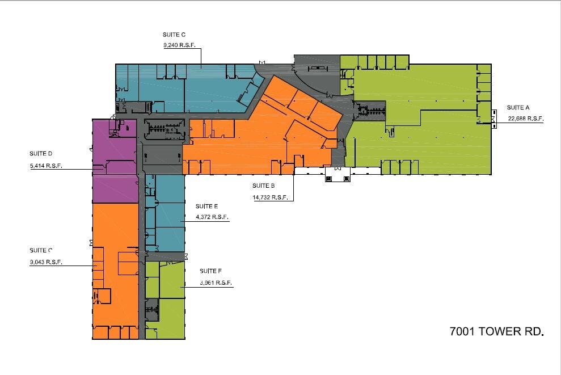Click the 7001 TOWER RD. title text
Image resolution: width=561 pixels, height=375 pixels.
point(496,331)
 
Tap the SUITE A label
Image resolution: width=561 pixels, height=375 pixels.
point(518,108)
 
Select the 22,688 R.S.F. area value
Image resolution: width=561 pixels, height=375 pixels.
point(518,119)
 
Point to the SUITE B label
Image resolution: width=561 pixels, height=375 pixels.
point(264,186)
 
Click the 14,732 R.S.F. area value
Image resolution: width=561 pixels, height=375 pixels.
point(270,197)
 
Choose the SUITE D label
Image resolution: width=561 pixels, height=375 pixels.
point(41,154)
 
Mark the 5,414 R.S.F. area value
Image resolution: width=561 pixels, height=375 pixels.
point(46,166)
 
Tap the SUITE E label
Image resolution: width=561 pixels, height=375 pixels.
point(206,207)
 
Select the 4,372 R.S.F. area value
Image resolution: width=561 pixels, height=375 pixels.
point(212,217)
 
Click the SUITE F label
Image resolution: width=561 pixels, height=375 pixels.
point(210,272)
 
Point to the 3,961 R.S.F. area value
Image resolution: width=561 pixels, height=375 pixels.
point(216,283)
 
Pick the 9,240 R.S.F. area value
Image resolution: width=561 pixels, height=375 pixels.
point(179,47)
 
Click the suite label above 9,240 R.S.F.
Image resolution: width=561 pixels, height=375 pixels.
point(174,35)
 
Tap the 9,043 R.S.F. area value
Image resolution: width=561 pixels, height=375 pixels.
point(46,262)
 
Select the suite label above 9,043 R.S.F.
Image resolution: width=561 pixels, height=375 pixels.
point(41,250)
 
